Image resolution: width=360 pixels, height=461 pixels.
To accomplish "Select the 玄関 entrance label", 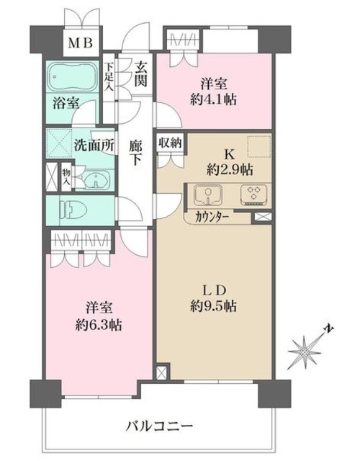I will tap(140, 72).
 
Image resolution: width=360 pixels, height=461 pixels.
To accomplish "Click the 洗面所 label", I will tap(94, 143).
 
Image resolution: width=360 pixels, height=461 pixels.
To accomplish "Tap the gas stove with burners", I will tap(253, 194).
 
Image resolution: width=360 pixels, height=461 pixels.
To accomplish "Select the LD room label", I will tap(214, 290).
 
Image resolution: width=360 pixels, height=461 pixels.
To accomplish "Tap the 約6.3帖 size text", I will tap(99, 325).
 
